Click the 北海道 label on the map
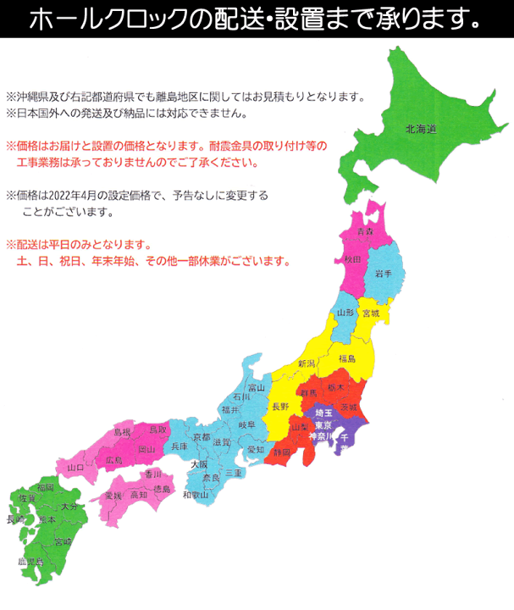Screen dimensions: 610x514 (420, 130)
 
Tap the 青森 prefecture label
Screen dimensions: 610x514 (365, 231)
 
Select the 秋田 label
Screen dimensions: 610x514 (353, 259)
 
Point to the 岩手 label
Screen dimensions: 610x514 (383, 272)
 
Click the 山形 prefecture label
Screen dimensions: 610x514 (344, 313)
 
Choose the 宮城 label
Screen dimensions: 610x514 (371, 313)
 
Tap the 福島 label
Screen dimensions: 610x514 (345, 358)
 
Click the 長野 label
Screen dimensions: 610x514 (280, 407)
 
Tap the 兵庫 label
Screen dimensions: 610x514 (180, 446)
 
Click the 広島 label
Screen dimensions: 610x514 (114, 460)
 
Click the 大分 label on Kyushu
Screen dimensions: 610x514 (69, 506)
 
